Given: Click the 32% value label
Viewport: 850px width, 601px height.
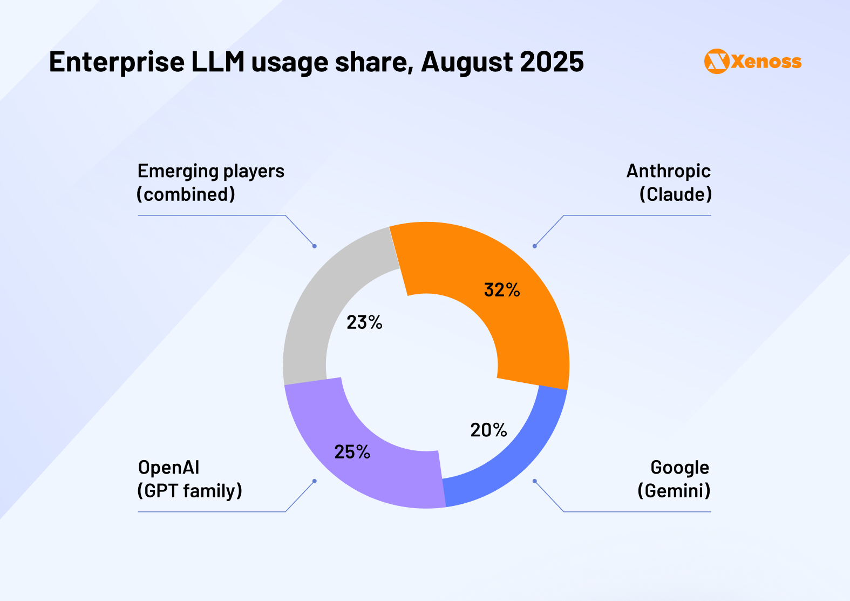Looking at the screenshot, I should click(x=502, y=290).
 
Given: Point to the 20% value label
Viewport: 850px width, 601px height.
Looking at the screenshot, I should click(x=488, y=430).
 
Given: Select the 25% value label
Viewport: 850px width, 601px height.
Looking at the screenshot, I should click(x=352, y=451).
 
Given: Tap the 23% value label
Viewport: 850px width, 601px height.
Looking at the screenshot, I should click(x=364, y=322).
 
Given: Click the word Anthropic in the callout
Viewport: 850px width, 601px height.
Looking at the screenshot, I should click(x=668, y=171).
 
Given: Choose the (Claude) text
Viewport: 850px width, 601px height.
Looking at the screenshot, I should click(x=675, y=194).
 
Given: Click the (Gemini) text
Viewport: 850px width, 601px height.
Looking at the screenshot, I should click(x=674, y=491).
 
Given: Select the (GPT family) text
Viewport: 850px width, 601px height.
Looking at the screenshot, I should click(x=189, y=491).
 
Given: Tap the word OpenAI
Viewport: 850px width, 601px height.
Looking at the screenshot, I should click(x=168, y=467).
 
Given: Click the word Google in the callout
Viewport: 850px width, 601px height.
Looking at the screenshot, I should click(x=679, y=467).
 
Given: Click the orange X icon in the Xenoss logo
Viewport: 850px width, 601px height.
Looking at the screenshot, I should click(x=717, y=62).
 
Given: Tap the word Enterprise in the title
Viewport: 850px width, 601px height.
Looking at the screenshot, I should click(x=117, y=62).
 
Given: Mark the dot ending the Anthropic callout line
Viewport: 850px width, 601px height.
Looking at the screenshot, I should click(x=534, y=246).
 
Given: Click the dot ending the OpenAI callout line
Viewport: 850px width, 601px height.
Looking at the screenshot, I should click(x=315, y=481).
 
